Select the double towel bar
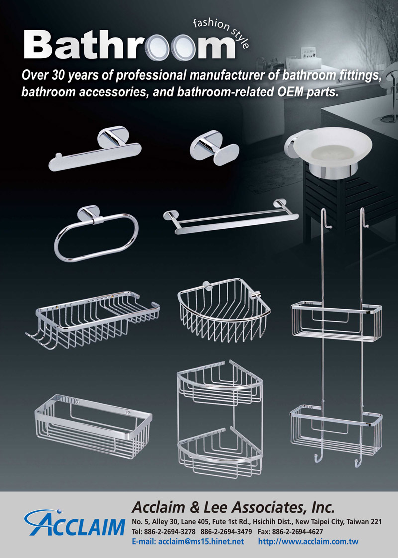[x=231, y=218]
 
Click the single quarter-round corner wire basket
[x=223, y=310]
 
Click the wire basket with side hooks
[x=93, y=320]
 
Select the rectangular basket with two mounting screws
[x=93, y=425]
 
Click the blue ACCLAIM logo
[x=75, y=523]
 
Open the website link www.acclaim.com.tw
[x=308, y=542]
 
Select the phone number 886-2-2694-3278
[x=170, y=532]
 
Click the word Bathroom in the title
[x=129, y=45]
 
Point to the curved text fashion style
[x=221, y=32]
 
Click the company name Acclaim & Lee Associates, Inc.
[x=233, y=507]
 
